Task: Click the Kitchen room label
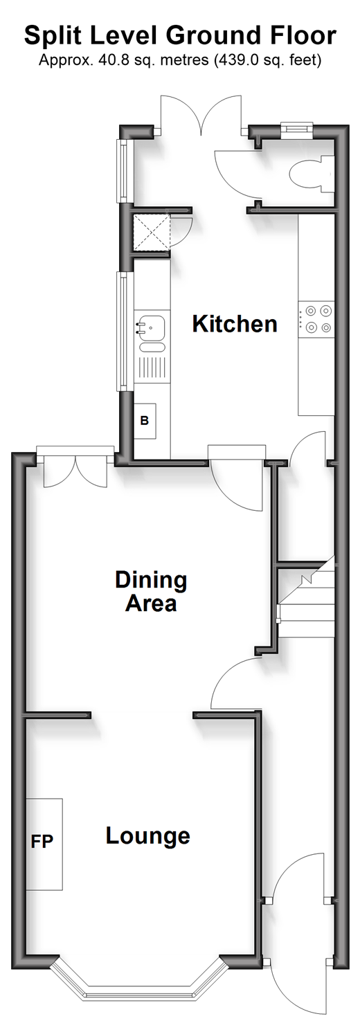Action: tap(235, 324)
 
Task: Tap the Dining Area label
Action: tap(151, 591)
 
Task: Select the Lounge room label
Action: tap(148, 836)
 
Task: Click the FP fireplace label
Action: tap(42, 841)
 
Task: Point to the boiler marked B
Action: tap(145, 421)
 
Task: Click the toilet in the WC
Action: tap(312, 174)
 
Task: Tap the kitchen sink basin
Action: tap(151, 327)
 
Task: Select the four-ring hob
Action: tap(316, 319)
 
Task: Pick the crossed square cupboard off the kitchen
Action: tap(151, 233)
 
